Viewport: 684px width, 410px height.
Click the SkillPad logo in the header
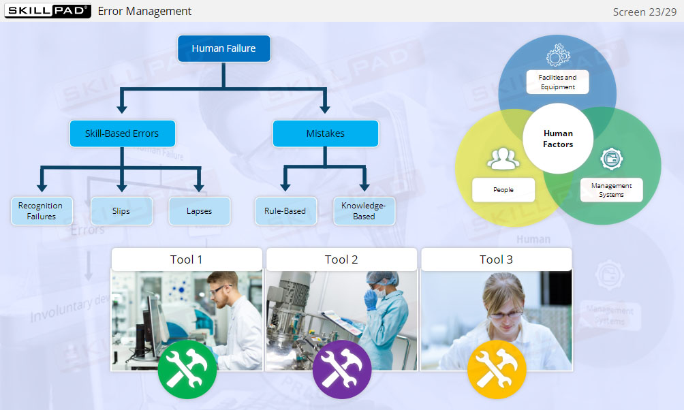(x=48, y=11)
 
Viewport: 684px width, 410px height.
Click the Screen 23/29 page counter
(x=644, y=12)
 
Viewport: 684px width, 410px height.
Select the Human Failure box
(x=224, y=49)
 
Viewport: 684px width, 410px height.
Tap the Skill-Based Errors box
(x=122, y=133)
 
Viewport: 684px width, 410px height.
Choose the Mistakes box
(x=325, y=133)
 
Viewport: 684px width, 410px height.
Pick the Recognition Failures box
(x=41, y=211)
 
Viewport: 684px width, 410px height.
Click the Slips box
(x=121, y=211)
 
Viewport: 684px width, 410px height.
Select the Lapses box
(x=199, y=211)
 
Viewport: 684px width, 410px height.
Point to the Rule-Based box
(x=285, y=211)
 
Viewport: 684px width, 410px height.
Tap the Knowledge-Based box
(x=364, y=211)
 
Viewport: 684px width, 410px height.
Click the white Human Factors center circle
(x=558, y=138)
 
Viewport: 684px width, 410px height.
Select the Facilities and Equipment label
(x=557, y=82)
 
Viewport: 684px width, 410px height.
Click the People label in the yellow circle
(x=503, y=190)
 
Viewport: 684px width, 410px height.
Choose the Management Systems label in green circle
(x=611, y=190)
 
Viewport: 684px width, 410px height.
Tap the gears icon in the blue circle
(x=558, y=55)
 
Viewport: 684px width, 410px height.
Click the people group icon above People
(x=503, y=159)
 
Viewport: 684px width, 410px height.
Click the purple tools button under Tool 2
(x=341, y=369)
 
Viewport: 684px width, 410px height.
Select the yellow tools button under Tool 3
(x=496, y=369)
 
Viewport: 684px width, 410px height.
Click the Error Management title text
(x=144, y=11)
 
